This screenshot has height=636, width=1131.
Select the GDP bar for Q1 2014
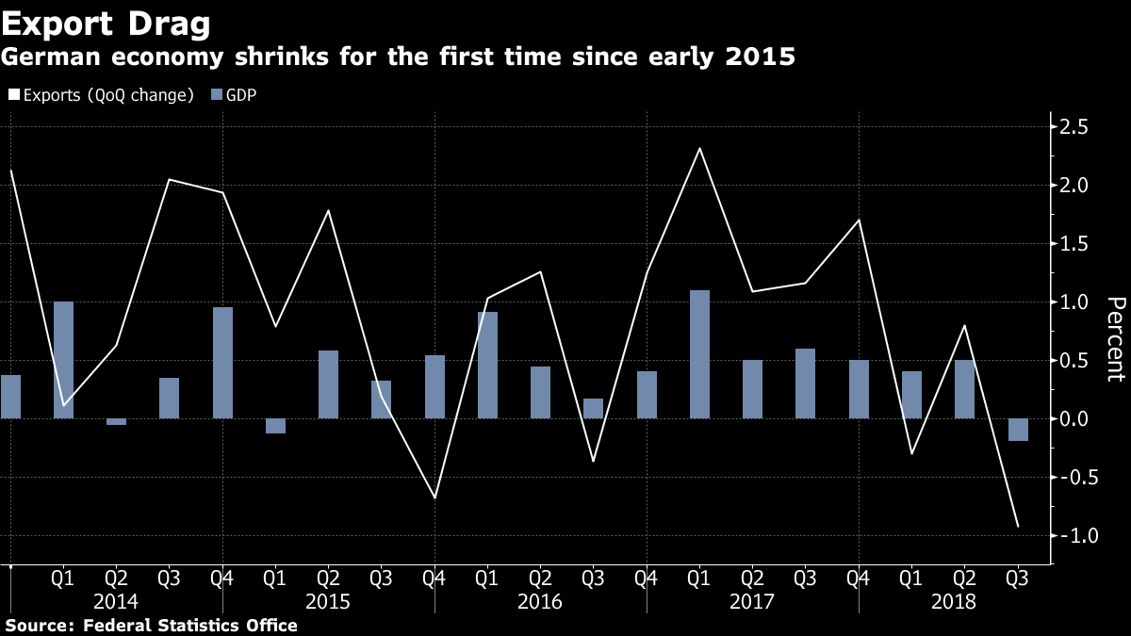[63, 360]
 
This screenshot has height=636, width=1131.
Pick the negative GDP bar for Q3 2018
[1018, 430]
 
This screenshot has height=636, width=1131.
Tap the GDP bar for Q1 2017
[699, 354]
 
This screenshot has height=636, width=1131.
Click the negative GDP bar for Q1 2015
[275, 426]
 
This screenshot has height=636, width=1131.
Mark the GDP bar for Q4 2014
[222, 363]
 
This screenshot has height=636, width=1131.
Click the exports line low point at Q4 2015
[434, 497]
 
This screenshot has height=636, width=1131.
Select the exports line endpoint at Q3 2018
[1018, 526]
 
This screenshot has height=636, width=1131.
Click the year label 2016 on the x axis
[540, 602]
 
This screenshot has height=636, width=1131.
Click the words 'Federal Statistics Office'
[190, 626]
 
